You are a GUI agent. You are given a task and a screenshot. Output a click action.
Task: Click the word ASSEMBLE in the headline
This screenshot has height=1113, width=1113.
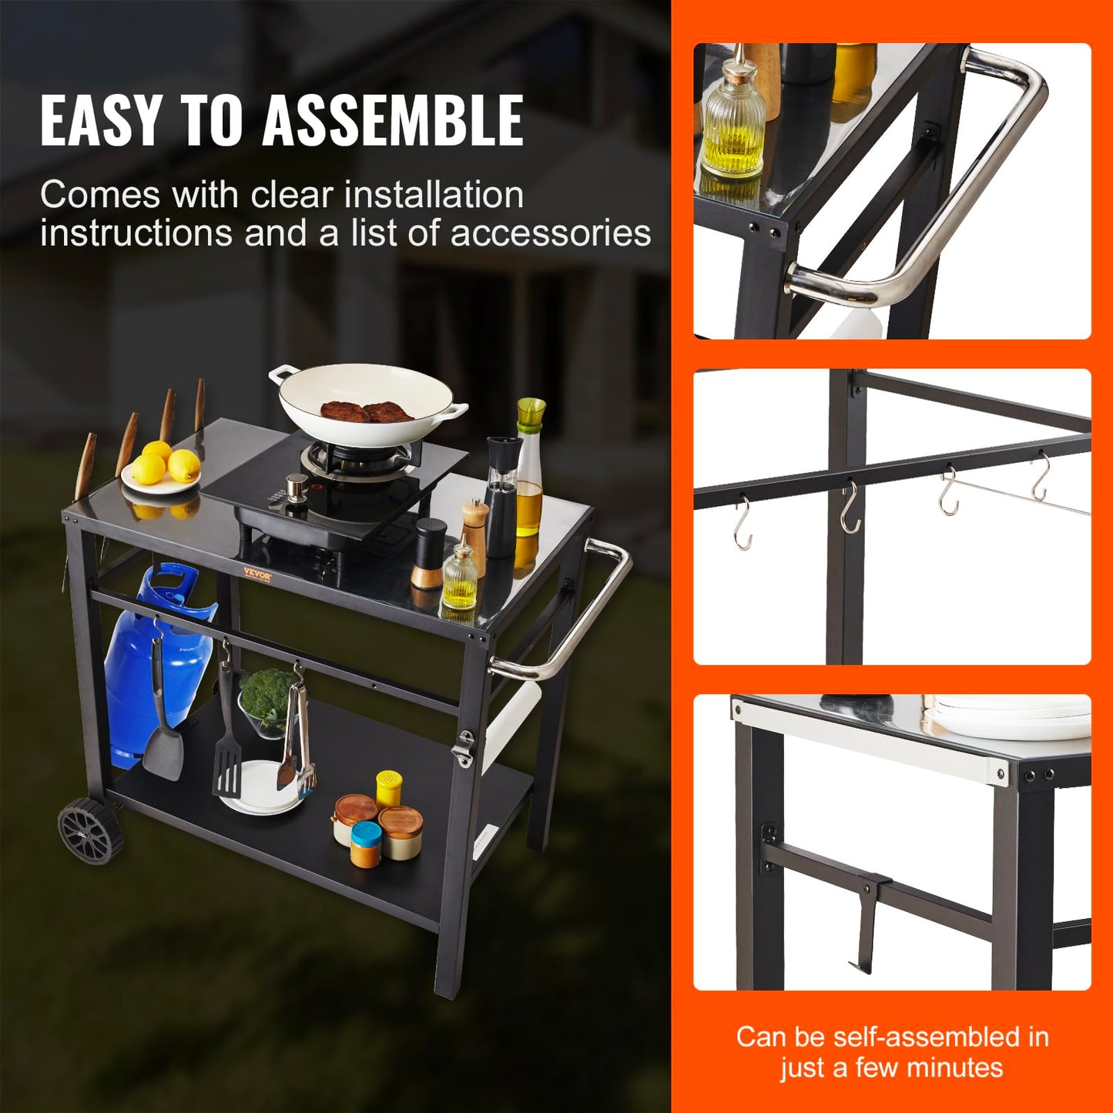coord(393,120)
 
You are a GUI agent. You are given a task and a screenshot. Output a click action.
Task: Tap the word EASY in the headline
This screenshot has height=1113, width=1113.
coord(100,120)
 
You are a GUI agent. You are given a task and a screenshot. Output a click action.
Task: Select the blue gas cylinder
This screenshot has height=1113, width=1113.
coord(154,662)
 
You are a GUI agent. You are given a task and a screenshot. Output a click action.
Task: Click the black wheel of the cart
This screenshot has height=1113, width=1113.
coord(90,830)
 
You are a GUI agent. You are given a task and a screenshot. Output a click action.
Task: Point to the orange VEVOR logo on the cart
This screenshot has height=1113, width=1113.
coord(257,572)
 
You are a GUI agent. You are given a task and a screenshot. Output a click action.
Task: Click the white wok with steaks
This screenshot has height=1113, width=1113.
coord(367,405)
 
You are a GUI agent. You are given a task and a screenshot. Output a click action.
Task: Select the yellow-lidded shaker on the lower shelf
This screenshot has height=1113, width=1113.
coord(389,787)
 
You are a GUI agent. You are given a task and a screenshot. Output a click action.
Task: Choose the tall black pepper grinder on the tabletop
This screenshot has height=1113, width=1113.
coord(501,497)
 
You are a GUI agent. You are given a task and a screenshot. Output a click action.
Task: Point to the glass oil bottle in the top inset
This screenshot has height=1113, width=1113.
coord(733,123)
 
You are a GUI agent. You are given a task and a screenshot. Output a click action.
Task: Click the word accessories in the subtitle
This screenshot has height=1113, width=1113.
coord(551,233)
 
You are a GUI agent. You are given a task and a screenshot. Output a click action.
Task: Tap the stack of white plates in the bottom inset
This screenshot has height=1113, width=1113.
coord(1009,716)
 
